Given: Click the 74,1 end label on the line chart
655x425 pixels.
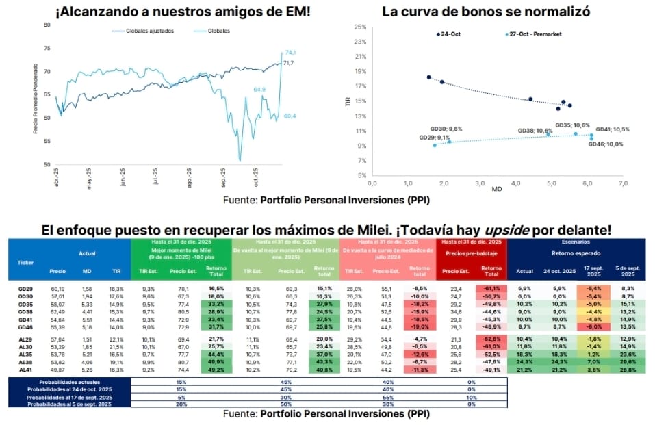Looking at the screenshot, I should [x=290, y=53].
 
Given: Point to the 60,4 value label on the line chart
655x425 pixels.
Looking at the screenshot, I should [x=290, y=116].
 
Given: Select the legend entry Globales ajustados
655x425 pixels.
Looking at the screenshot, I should [x=146, y=31].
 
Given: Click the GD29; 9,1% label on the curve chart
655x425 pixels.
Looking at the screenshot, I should [x=435, y=138].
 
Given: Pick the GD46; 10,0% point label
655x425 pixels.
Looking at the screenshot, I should [x=605, y=144].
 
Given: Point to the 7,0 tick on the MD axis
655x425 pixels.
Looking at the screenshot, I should [x=623, y=183].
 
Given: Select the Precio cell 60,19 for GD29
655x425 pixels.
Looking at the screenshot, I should [x=57, y=289].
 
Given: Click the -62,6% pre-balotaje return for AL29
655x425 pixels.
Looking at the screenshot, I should [x=491, y=339].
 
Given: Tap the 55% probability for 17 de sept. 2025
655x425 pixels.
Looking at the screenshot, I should [x=388, y=396].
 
